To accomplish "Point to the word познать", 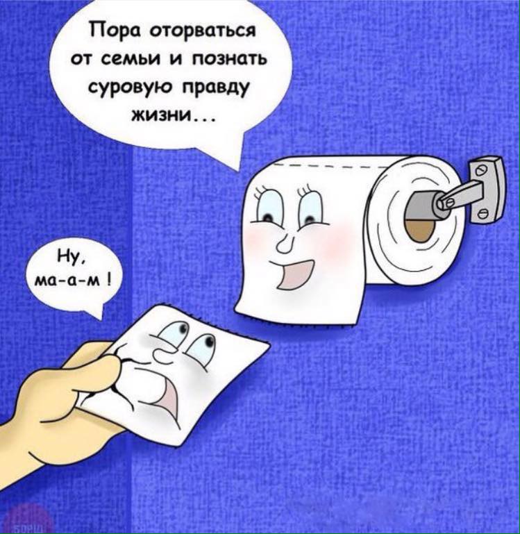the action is coord(231,60).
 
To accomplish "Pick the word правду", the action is coord(215,88).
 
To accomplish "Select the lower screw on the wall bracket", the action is coord(484,214).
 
